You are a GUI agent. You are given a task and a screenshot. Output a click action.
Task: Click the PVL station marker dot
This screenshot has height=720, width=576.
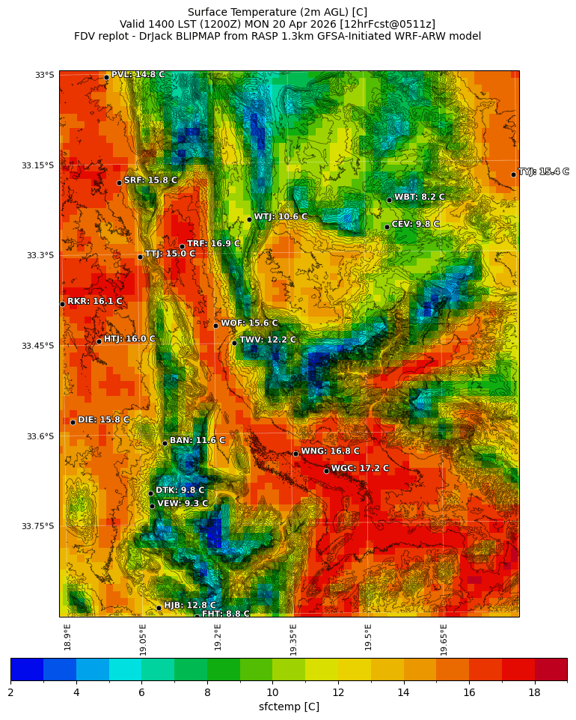point(106,77)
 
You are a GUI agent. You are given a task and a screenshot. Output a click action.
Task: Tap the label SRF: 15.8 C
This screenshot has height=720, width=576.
point(150,180)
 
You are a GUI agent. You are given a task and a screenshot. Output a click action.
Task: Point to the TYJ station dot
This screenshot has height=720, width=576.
point(513,174)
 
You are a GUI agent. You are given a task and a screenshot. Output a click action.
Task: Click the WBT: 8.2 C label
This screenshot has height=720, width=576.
point(419,198)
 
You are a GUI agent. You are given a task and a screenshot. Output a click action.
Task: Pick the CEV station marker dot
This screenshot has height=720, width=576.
point(387,227)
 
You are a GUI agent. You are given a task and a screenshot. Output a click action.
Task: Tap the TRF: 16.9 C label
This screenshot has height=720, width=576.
point(213,244)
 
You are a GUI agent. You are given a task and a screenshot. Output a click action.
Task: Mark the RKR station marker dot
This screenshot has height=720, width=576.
point(62,304)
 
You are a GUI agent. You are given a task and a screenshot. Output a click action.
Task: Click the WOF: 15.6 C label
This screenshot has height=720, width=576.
point(249,323)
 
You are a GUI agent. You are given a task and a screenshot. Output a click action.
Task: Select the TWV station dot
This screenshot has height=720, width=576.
point(234,343)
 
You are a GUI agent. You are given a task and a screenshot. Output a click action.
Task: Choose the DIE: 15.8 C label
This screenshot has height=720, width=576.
point(103,420)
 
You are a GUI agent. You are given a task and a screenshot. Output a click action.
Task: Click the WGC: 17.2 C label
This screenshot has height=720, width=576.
point(360,469)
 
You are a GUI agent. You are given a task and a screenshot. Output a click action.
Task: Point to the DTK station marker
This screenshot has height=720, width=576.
point(150,493)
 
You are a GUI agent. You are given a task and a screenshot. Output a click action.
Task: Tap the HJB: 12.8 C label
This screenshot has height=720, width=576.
point(189,605)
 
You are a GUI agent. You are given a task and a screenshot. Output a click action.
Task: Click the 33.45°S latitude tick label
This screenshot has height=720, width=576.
point(37,346)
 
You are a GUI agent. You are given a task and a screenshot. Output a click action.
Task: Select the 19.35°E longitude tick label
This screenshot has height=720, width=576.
point(293,640)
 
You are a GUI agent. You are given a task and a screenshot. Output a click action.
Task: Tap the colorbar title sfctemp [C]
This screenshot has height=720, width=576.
point(289,707)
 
